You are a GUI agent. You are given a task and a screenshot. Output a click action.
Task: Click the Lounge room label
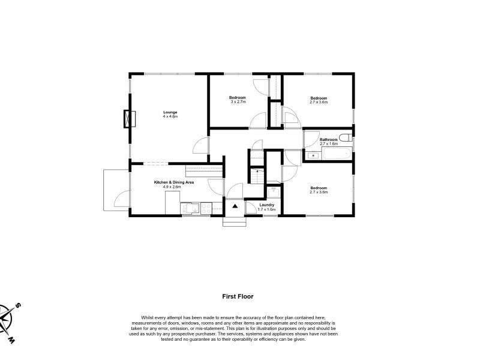coord(170,112)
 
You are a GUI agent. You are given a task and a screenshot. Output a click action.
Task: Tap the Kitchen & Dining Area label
coord(173,182)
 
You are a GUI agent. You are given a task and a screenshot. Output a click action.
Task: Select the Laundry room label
coord(266,205)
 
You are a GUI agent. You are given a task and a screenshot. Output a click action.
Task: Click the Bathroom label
coord(328,140)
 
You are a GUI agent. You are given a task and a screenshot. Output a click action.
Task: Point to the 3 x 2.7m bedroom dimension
coord(238,101)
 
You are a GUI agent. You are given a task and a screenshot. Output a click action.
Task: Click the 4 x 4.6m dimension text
coord(170,116)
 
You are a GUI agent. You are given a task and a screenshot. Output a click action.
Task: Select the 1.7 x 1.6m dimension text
coord(266,209)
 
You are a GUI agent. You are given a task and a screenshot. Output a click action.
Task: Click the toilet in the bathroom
coord(346,137)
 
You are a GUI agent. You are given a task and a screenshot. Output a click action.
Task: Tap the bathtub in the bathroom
coord(337,154)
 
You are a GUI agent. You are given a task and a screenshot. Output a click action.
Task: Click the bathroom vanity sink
coord(313,156)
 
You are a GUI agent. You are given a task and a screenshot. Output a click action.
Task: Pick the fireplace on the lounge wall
coord(130,119)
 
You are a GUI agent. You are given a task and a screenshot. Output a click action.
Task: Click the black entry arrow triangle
coord(235,206)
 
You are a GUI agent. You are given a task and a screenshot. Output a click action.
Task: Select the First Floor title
coord(238,296)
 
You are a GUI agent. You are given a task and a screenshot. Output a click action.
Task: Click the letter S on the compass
coord(18,305)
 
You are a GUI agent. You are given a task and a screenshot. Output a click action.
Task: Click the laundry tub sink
coord(273,193)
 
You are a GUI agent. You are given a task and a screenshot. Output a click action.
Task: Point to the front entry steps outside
coord(235,221)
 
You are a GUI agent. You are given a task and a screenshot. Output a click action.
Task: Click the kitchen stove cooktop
coord(206,208)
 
